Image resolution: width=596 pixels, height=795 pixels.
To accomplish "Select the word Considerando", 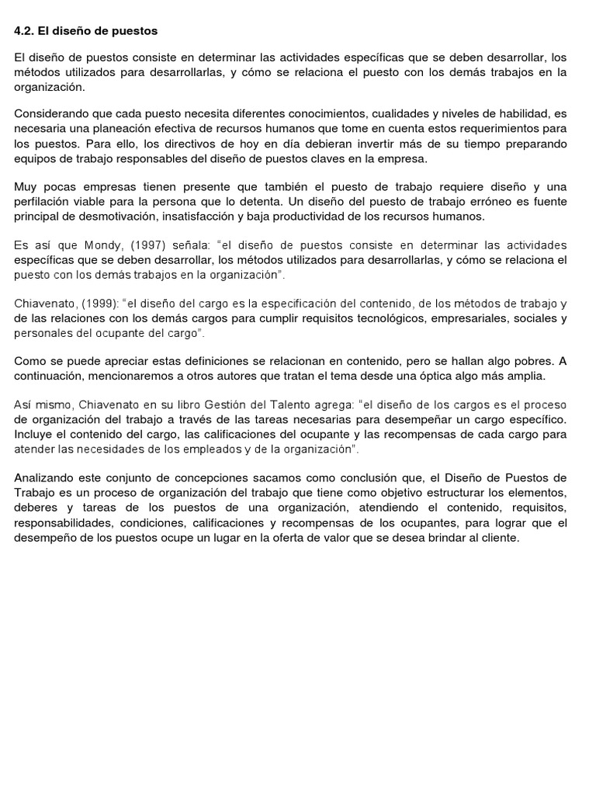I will [x=50, y=114].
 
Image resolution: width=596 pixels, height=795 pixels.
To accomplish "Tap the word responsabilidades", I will [x=67, y=522].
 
